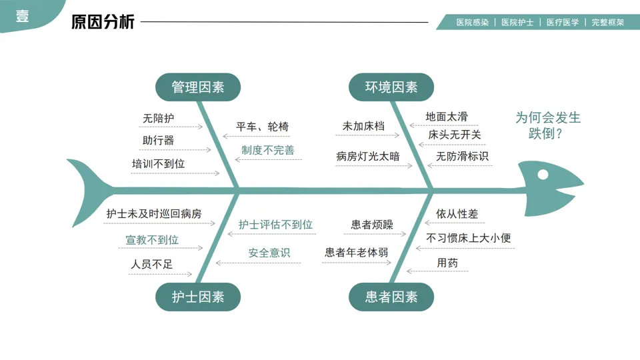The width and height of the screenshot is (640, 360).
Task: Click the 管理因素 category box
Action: [198, 87]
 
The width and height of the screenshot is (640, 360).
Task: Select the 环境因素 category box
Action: [391, 87]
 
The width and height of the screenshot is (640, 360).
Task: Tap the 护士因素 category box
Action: [198, 297]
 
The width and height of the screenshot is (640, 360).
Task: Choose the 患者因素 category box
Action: [391, 297]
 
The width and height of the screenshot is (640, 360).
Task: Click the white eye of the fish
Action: [543, 175]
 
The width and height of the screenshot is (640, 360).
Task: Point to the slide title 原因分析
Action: [103, 22]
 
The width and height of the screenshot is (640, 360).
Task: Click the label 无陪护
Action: [159, 119]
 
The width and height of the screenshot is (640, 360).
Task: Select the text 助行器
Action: [159, 140]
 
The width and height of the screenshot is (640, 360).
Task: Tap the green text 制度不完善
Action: [267, 150]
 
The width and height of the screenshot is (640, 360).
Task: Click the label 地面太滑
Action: [447, 117]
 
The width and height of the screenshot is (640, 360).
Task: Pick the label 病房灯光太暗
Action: [368, 157]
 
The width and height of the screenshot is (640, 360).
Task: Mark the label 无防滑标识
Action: [462, 157]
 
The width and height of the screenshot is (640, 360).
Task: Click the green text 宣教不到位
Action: [152, 239]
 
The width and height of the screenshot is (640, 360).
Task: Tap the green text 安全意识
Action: [269, 253]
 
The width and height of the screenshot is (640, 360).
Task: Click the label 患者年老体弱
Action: [357, 253]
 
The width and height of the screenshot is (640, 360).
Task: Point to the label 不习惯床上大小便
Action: [469, 238]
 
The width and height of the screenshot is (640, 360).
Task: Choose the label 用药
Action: [447, 263]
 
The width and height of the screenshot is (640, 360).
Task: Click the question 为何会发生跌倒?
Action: [547, 125]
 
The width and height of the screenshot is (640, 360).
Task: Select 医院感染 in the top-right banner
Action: [472, 22]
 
